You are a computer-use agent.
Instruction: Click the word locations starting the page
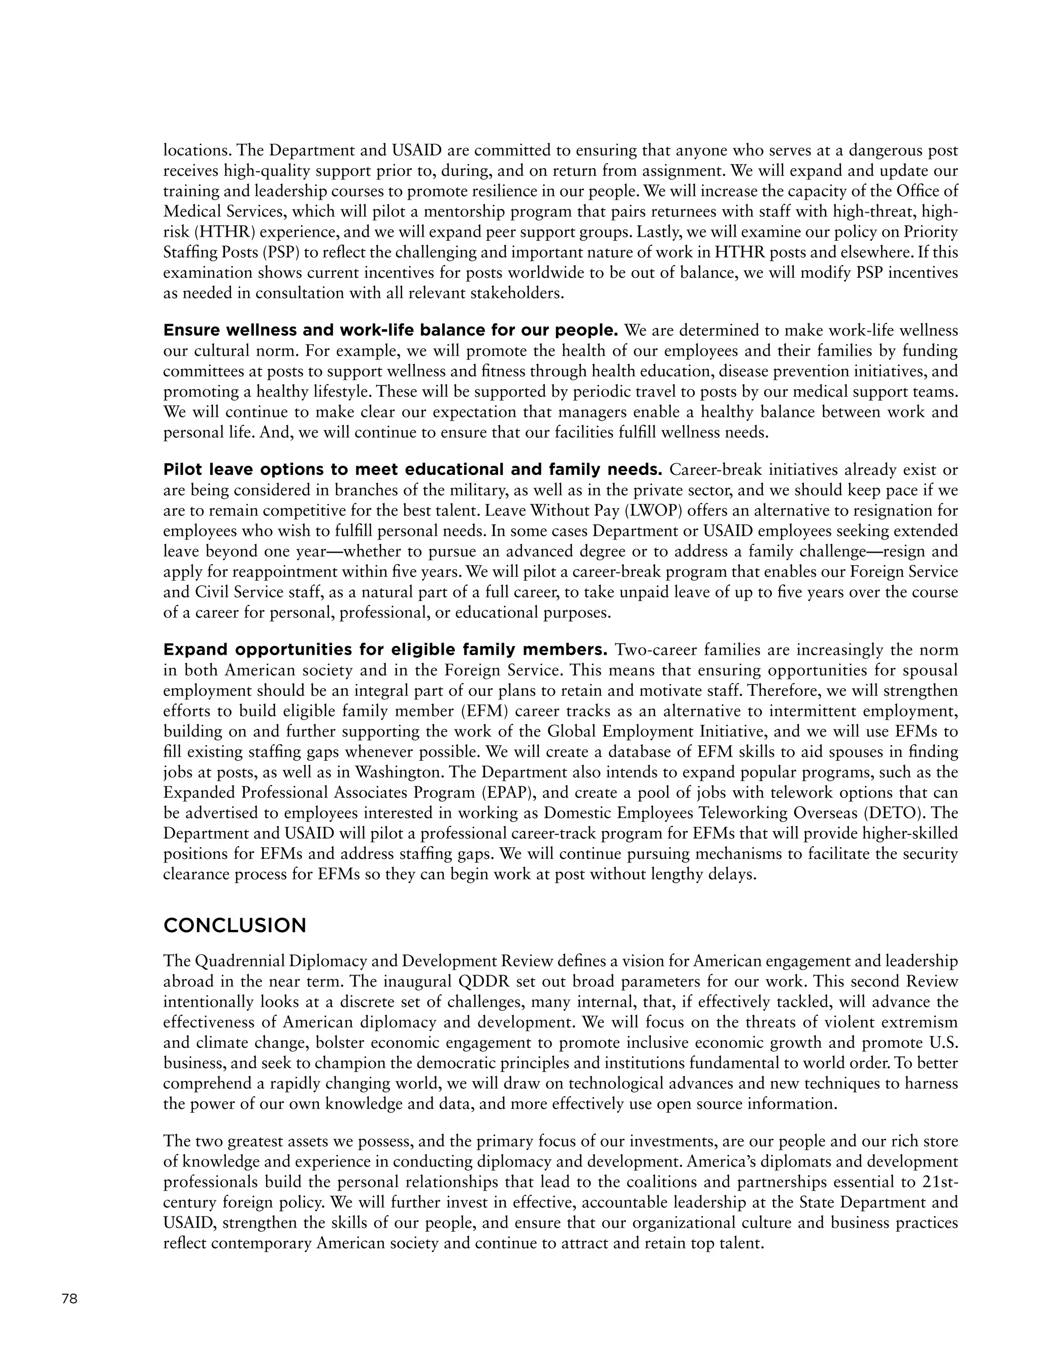point(197,150)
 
